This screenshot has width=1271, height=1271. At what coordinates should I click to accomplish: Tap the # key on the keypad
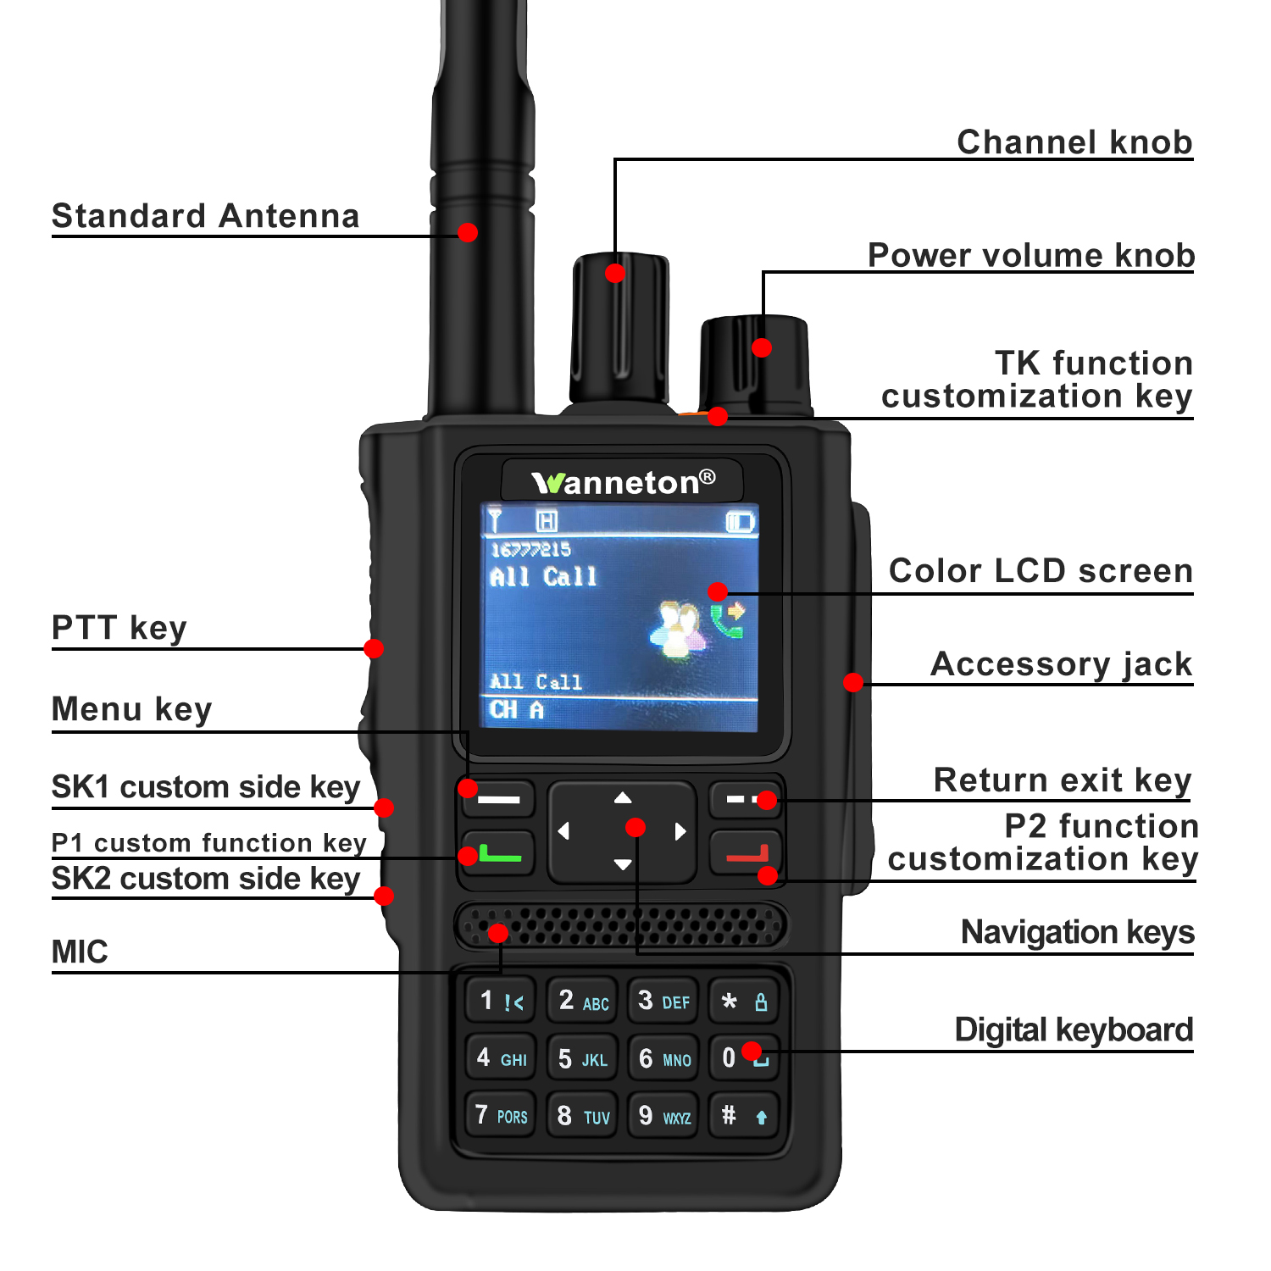point(745,1114)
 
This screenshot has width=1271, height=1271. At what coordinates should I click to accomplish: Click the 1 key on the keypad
point(501,1001)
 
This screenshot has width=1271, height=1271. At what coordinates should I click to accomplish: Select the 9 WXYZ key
point(663,1114)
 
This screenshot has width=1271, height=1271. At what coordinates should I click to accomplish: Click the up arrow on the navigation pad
point(623,797)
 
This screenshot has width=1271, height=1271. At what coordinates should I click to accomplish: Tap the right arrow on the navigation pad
point(680,831)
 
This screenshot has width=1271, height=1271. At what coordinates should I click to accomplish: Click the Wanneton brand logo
point(623,482)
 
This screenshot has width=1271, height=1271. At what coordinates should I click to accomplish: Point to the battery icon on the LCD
point(741,521)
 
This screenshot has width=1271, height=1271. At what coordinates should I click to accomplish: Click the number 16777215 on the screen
point(530,549)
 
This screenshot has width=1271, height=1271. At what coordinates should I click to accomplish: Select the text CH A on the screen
point(516,710)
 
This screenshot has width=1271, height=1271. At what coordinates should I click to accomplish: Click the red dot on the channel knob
point(615,273)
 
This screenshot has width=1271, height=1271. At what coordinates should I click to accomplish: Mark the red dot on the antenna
point(467,232)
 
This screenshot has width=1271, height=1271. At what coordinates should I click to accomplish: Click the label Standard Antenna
point(206,216)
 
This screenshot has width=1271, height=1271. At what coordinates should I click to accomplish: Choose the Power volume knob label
point(1031,255)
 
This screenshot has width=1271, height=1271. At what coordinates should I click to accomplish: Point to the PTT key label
point(119,629)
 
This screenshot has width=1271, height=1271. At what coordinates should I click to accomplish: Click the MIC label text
point(80,952)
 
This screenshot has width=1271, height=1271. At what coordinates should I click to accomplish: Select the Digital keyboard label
point(1074,1030)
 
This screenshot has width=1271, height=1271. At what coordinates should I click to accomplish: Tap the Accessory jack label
point(1062,664)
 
